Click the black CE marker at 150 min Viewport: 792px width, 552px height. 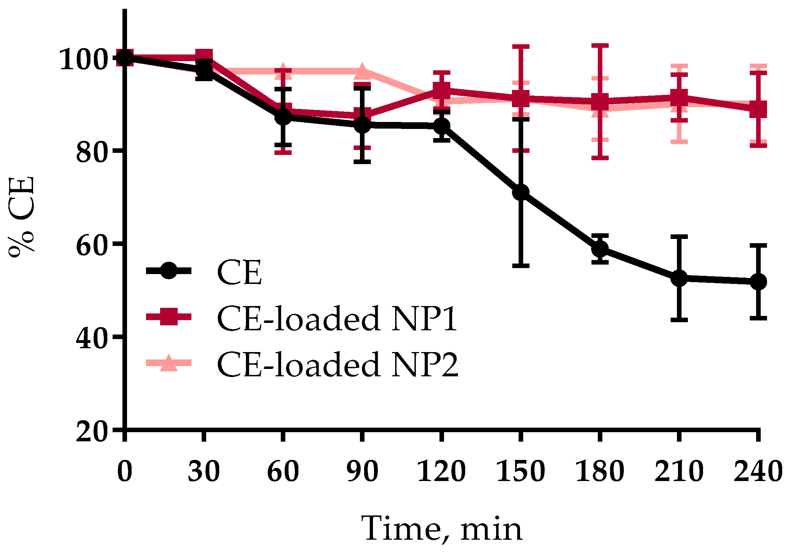pyautogui.click(x=521, y=192)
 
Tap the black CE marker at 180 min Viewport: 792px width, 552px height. pyautogui.click(x=600, y=249)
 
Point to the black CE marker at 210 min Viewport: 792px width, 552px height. pyautogui.click(x=679, y=278)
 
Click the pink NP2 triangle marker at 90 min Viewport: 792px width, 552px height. pyautogui.click(x=362, y=71)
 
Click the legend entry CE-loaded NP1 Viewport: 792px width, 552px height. pyautogui.click(x=336, y=318)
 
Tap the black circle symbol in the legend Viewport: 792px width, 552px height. pyautogui.click(x=169, y=270)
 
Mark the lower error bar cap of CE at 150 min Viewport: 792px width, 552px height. pyautogui.click(x=521, y=265)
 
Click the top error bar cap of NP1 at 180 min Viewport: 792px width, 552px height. pyautogui.click(x=600, y=46)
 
